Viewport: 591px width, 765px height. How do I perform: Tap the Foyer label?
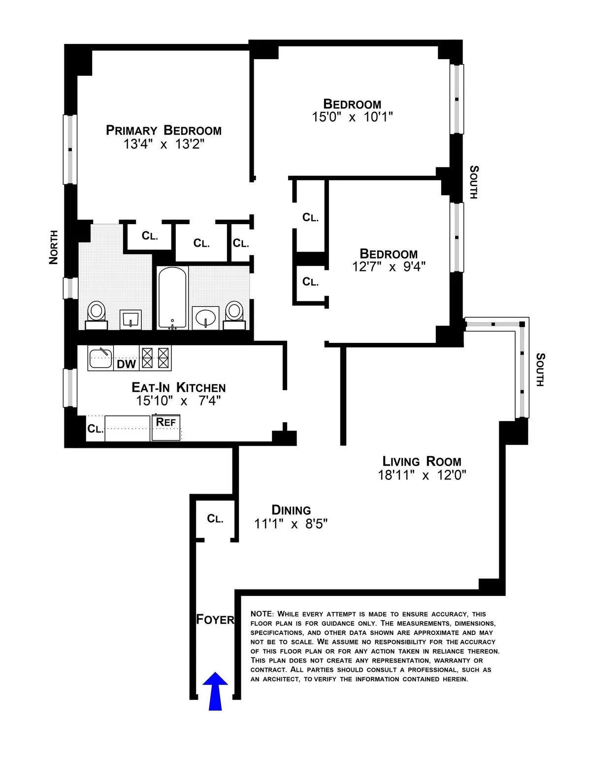(215, 619)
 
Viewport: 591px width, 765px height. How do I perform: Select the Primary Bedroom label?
(164, 131)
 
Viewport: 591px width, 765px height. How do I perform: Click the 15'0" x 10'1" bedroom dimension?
(352, 117)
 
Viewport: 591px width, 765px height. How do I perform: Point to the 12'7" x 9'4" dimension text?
(389, 266)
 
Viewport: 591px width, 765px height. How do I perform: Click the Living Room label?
(422, 462)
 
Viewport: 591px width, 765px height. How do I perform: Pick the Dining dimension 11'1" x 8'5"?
(291, 524)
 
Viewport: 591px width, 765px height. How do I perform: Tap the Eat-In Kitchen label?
(178, 388)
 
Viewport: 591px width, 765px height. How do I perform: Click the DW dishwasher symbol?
(126, 364)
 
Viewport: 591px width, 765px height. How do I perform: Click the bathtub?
(172, 297)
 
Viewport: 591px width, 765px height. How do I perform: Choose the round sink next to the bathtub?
(205, 317)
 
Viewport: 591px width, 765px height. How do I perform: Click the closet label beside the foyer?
(215, 519)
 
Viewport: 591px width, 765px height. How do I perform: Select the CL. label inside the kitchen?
(95, 429)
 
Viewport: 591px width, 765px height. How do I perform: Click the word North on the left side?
(54, 247)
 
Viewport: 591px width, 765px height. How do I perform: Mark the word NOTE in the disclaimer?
(261, 614)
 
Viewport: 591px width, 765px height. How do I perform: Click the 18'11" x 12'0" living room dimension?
(422, 475)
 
